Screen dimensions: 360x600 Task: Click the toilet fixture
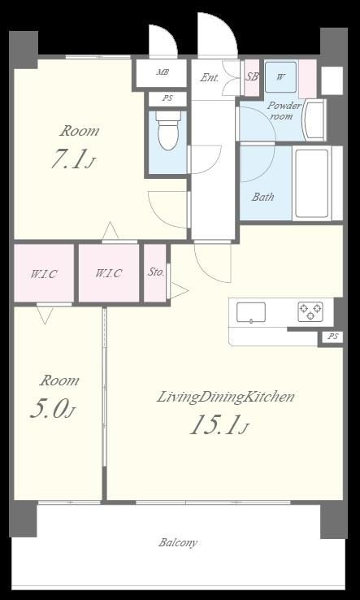(168, 130)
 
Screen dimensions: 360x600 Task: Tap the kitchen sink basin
(251, 312)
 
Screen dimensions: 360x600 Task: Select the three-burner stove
(310, 311)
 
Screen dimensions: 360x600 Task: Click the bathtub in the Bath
(312, 183)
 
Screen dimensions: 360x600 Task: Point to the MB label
(163, 72)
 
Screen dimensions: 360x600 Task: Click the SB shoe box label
(251, 76)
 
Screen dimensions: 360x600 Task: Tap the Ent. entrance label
(210, 78)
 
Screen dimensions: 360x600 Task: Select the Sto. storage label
(156, 272)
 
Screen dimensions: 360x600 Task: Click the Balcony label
(178, 542)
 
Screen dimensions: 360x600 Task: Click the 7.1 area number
(67, 159)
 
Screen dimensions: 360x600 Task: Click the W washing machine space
(281, 77)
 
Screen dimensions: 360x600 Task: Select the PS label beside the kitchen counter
(333, 337)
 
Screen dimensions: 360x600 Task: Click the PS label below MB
(167, 98)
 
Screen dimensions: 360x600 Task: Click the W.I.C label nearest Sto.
(109, 274)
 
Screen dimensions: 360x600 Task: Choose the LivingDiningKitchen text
(226, 397)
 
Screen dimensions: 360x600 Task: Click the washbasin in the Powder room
(314, 120)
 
